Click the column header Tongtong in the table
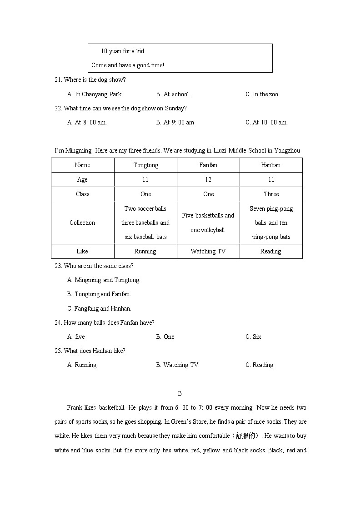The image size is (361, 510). pos(145,165)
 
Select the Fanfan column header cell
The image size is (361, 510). pos(208,165)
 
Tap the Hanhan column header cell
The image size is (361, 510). pos(271,165)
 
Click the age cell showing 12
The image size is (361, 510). pos(208,180)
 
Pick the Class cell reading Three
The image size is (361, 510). pos(271,194)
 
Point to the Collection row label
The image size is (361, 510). pos(82,223)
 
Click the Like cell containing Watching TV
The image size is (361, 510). pos(208,251)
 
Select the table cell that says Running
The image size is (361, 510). pos(145,251)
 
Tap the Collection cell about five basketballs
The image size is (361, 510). pos(208,223)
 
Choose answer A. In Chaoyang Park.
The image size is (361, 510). pos(95,94)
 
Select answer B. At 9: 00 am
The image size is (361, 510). pos(175,122)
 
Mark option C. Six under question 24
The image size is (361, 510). pos(253,337)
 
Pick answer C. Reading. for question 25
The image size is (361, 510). pos(260,365)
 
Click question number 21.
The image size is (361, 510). pos(58,80)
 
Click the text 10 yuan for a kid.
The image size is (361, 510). pos(123,51)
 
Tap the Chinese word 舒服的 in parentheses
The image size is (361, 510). pos(246,436)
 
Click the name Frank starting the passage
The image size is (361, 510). pos(75,408)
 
